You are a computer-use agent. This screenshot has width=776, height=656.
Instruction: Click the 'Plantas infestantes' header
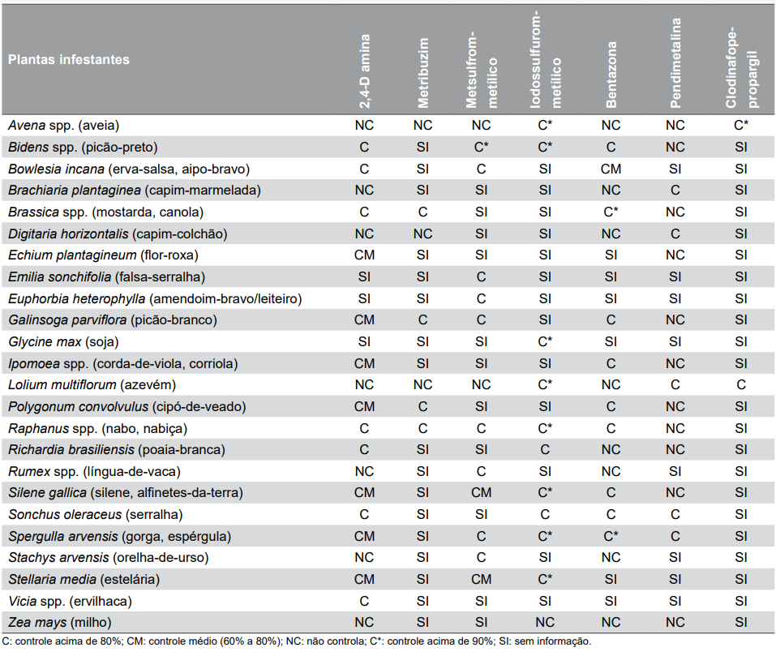(69, 60)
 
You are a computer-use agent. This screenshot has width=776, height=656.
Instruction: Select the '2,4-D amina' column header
(364, 71)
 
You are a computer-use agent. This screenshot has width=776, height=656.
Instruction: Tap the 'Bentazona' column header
(611, 75)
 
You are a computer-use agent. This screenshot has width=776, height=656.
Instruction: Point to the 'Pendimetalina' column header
(675, 62)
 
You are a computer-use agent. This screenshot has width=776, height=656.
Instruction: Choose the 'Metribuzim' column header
(422, 73)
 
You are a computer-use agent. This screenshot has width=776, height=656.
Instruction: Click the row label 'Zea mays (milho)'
(60, 623)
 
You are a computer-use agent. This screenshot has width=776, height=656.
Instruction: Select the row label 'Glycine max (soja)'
(63, 342)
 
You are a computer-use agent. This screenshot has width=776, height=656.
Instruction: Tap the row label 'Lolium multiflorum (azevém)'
(92, 385)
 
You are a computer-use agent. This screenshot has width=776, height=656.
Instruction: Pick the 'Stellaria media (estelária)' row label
(84, 579)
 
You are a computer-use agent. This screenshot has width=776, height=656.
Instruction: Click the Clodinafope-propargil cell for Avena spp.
(741, 126)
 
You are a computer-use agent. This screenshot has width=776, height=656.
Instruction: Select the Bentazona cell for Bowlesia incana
(611, 169)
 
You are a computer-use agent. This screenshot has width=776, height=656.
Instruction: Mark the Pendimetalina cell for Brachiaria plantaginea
(675, 191)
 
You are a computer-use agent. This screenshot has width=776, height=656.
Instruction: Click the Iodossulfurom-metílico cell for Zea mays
(545, 623)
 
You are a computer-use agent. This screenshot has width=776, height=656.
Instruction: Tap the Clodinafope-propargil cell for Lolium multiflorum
(741, 385)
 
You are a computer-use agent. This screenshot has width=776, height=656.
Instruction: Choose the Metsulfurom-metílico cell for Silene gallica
(481, 493)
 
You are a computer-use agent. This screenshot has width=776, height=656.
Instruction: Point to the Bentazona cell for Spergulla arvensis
(611, 536)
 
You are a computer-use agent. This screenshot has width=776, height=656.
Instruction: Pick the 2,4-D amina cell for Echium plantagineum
(364, 255)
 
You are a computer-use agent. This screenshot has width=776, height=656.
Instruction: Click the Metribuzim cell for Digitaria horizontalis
(422, 234)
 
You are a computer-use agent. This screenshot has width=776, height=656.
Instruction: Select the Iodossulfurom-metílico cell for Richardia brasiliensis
(545, 450)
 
